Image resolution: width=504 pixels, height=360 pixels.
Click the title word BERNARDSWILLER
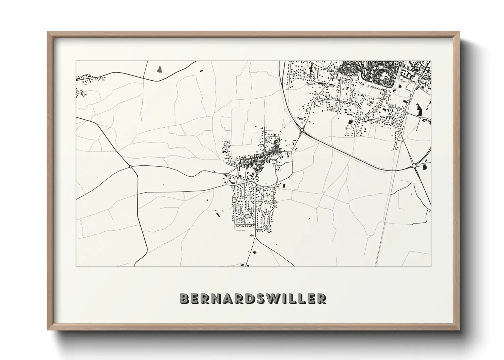253,298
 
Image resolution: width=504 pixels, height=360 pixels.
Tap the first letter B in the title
184,298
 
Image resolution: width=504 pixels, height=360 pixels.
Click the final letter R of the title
321,298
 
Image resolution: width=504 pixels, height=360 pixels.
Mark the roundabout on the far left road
131,167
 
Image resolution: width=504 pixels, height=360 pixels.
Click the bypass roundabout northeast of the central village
302,130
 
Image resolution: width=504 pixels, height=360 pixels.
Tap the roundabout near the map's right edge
414,166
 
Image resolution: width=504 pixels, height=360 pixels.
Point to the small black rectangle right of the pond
201,70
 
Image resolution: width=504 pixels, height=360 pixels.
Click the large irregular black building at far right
419,109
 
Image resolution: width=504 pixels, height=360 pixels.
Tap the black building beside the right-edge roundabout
424,167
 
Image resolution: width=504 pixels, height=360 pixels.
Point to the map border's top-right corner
431,61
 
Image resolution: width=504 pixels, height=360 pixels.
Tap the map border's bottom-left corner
76,266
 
